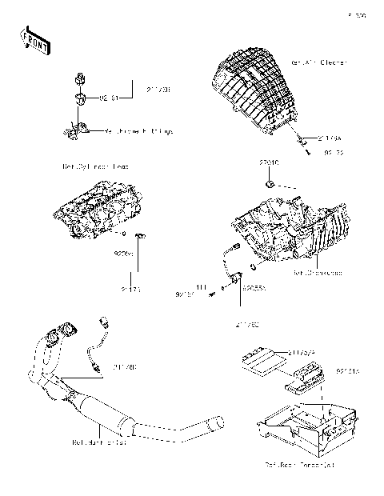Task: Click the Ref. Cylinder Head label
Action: click(x=95, y=166)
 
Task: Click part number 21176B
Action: click(x=158, y=90)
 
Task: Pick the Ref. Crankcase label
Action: click(x=318, y=273)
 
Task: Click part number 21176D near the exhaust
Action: click(x=123, y=367)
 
